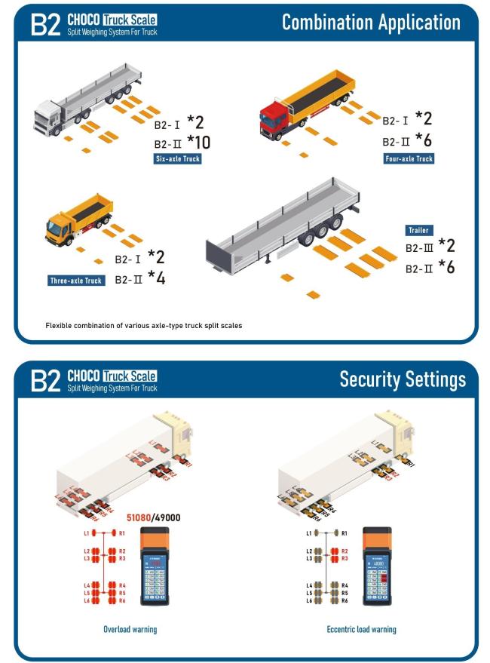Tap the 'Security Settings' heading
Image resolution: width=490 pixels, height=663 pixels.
pos(402,379)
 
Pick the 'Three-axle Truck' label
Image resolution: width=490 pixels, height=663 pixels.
pos(75,281)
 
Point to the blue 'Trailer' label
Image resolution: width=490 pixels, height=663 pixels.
pos(418,230)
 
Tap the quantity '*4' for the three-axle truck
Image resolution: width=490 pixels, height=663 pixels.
pos(157,278)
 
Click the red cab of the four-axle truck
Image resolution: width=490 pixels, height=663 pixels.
pos(274,121)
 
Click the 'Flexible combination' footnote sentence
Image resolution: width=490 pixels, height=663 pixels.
pos(143,325)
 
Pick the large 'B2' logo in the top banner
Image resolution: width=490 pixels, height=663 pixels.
pos(44,24)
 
